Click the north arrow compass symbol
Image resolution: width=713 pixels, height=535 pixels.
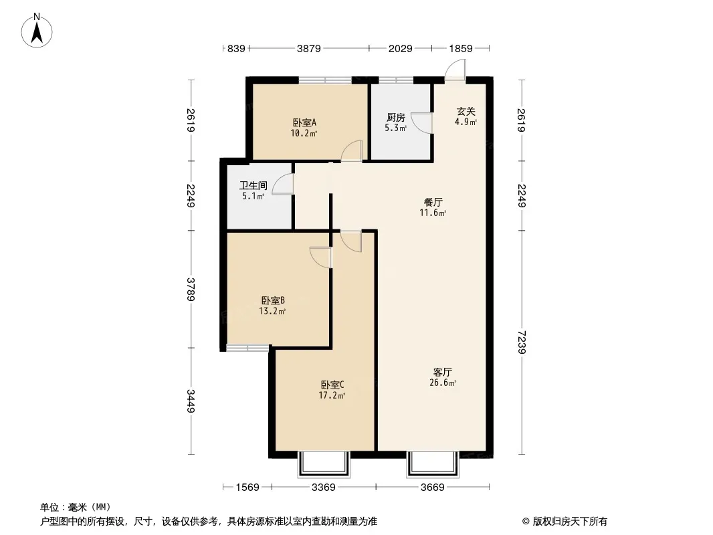pyautogui.click(x=37, y=31)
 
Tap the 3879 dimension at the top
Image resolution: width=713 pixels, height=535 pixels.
pyautogui.click(x=309, y=48)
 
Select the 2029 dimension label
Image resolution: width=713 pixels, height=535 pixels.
pyautogui.click(x=400, y=48)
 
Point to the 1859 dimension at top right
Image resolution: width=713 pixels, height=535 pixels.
pyautogui.click(x=461, y=48)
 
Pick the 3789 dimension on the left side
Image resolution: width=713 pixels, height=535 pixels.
pyautogui.click(x=191, y=289)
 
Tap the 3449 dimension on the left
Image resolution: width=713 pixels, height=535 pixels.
pyautogui.click(x=191, y=401)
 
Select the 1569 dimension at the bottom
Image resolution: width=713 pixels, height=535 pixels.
pyautogui.click(x=247, y=488)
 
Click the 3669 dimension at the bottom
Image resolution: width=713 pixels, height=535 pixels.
pyautogui.click(x=433, y=488)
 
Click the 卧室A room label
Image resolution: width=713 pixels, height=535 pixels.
pyautogui.click(x=304, y=123)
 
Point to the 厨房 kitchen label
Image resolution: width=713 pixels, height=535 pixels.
pyautogui.click(x=395, y=118)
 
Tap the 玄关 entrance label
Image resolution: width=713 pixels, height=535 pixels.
pyautogui.click(x=466, y=112)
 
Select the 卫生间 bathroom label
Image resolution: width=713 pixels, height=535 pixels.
pyautogui.click(x=253, y=185)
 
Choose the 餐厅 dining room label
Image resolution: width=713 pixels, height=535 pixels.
pyautogui.click(x=433, y=202)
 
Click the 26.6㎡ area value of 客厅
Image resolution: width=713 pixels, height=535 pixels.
pyautogui.click(x=443, y=383)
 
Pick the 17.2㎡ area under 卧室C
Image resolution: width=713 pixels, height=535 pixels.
pyautogui.click(x=332, y=395)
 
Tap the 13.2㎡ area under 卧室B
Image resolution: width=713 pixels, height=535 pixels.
pyautogui.click(x=272, y=312)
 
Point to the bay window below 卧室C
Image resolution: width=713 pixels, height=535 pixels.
pyautogui.click(x=324, y=464)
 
